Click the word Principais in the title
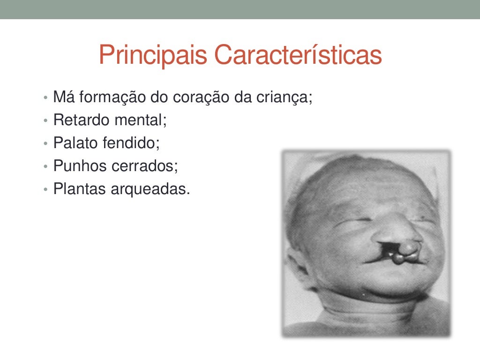click(x=153, y=56)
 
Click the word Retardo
click(x=81, y=120)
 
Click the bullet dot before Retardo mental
click(x=45, y=121)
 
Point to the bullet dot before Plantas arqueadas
click(x=45, y=190)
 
